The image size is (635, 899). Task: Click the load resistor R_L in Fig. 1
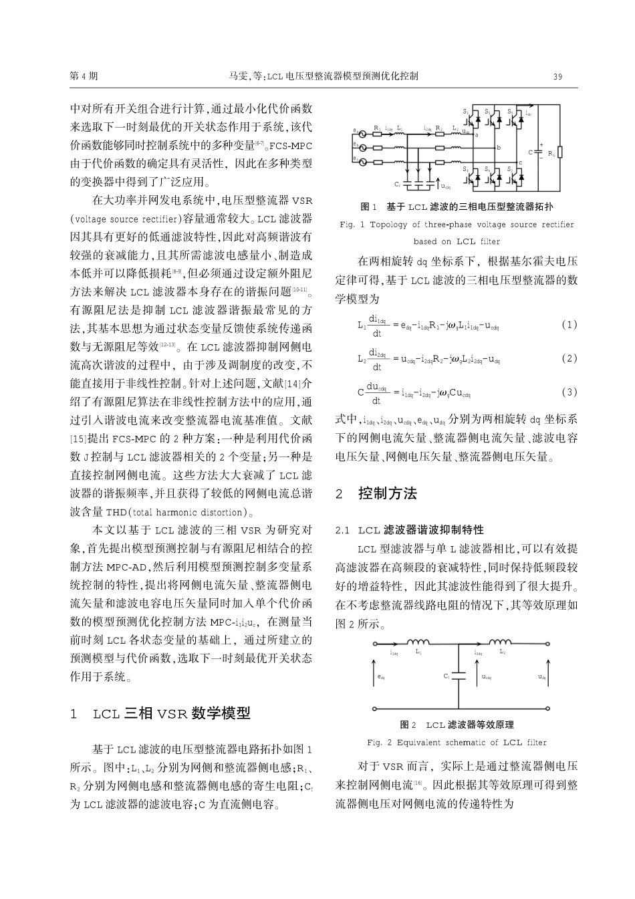[560, 153]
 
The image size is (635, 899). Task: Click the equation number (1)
[569, 325]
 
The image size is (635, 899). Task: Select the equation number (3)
[569, 392]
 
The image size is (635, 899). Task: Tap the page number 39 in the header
[558, 76]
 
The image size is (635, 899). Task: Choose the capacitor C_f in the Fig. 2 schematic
[459, 676]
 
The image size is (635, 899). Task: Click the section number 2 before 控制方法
[339, 494]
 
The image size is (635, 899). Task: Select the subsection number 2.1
[343, 530]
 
